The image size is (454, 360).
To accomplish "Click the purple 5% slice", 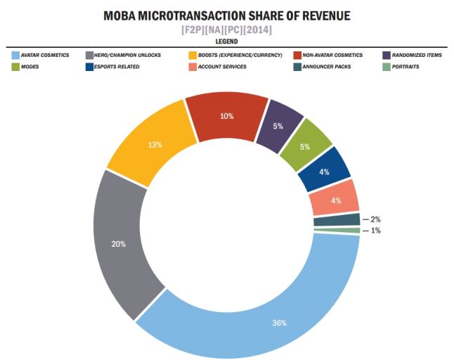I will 278,127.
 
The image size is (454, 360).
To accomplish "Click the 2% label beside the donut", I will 375,219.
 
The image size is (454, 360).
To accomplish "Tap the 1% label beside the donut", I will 375,231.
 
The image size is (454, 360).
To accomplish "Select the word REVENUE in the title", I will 317,15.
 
